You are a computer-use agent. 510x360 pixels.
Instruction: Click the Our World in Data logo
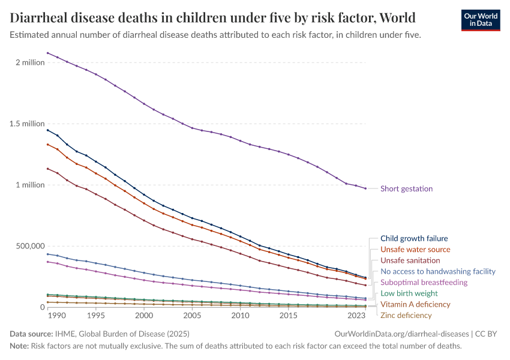coord(480,19)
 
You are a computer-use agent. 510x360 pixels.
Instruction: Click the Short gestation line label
coord(406,188)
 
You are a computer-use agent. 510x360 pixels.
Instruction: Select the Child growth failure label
coord(414,238)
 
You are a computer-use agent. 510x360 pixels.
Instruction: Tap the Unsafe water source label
coord(415,249)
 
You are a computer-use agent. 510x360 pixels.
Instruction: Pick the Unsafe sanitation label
coord(410,260)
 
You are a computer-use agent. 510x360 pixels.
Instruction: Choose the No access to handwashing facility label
coord(438,271)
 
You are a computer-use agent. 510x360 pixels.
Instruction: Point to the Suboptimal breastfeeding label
coord(424,282)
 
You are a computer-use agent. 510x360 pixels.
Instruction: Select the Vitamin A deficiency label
coord(415,304)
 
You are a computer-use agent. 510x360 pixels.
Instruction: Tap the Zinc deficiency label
coord(406,315)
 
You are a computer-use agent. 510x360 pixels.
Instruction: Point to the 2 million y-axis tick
coord(29,62)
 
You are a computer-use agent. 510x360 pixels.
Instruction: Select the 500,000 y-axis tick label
coord(28,246)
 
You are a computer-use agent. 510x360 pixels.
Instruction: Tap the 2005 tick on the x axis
coord(192,316)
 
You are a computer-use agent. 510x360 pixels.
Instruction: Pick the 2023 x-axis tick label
coord(356,316)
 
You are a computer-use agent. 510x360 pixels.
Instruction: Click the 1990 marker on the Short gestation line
coord(57,57)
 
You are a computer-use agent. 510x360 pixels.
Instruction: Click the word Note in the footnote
coord(20,346)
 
